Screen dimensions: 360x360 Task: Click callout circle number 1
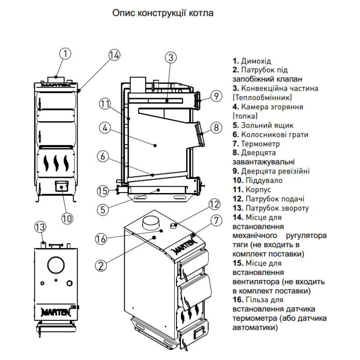coord(65,54)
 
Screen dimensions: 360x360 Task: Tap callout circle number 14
coord(114,55)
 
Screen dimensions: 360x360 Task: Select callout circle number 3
coord(171,57)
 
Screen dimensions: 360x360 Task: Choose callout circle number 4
coord(105,129)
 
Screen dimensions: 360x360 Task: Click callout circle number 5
coord(102,209)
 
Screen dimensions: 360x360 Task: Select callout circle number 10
coord(67,218)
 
